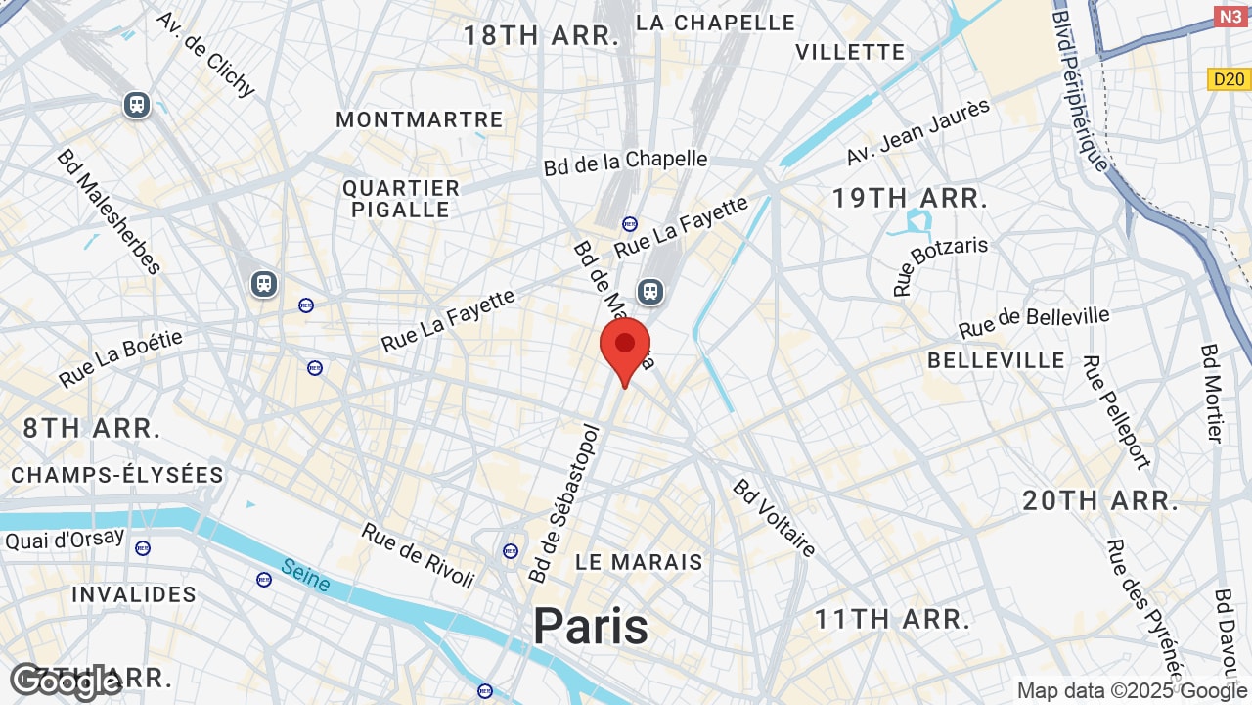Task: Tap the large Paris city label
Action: point(591,627)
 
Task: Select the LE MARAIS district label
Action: point(639,562)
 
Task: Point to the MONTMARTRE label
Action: point(419,119)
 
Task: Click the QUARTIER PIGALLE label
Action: point(401,199)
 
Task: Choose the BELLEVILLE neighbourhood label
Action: point(996,360)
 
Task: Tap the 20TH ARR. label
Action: point(1100,501)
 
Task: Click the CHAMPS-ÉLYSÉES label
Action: point(117,475)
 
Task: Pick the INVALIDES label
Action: point(134,594)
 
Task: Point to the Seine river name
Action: point(305,574)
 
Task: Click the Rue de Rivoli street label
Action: point(418,554)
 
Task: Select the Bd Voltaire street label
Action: point(774,517)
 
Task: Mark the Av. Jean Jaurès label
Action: point(918,132)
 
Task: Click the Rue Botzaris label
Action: point(940,265)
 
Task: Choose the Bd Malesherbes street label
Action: point(108,211)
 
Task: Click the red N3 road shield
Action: point(1230,17)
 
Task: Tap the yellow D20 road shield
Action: point(1229,79)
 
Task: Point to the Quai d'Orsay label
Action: point(65,539)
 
